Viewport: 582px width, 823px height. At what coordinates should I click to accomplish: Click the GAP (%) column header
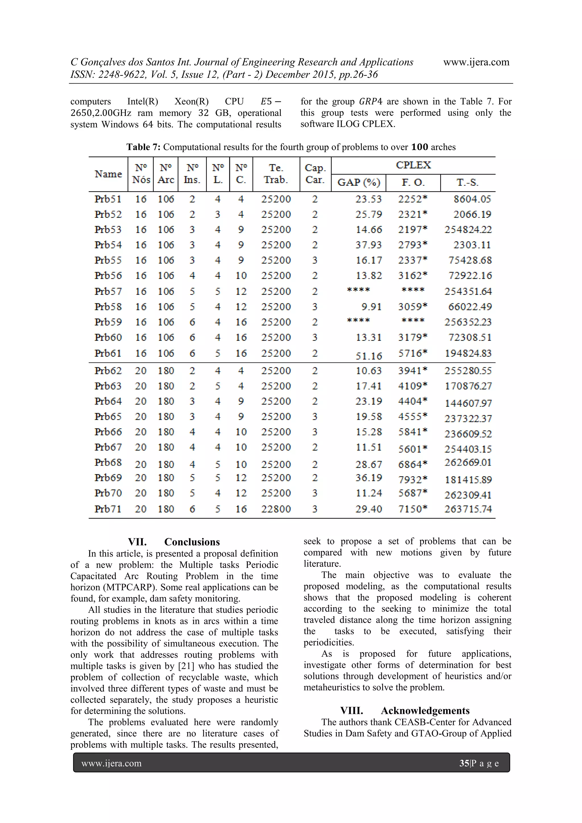[x=359, y=182]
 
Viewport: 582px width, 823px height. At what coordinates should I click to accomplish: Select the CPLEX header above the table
[x=413, y=165]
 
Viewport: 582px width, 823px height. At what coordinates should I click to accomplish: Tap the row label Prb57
[x=108, y=291]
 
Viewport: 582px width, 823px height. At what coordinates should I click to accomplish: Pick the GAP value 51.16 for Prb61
[x=369, y=356]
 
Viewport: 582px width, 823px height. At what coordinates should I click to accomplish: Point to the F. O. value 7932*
[x=413, y=480]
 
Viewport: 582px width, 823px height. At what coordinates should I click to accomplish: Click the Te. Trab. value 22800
[x=276, y=509]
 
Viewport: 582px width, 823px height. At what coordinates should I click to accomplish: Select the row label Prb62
[x=108, y=371]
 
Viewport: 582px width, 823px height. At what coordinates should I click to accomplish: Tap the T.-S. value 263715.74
[x=468, y=509]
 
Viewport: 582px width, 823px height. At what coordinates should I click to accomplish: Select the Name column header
[x=108, y=174]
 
